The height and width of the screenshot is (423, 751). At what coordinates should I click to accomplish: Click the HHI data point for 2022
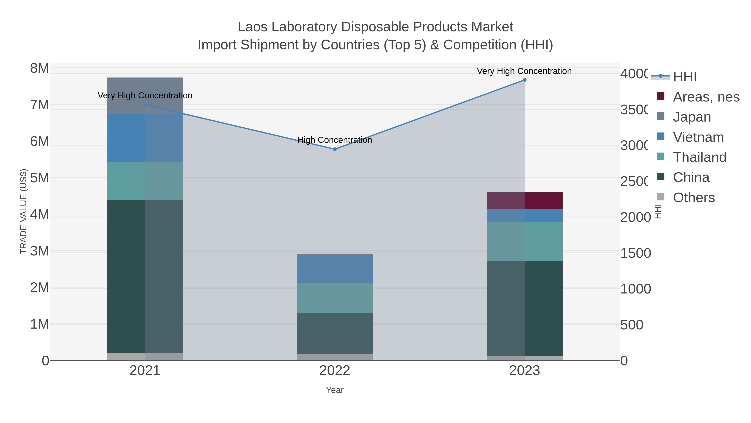point(335,149)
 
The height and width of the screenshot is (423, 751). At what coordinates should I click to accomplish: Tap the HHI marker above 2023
point(524,80)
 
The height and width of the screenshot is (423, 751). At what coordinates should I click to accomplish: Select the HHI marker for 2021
point(145,105)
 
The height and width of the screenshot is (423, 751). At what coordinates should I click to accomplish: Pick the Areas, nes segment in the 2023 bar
point(524,201)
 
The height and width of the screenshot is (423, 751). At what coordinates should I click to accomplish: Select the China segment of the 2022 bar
point(335,333)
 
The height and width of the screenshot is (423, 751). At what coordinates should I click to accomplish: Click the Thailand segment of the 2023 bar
point(524,241)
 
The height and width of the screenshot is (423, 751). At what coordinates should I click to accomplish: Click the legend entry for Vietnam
point(698,137)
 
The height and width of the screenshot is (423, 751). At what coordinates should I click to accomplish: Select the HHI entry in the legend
point(684,77)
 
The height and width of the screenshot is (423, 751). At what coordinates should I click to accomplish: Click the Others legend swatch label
point(694,198)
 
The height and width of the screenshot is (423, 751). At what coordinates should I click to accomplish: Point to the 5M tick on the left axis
point(40,178)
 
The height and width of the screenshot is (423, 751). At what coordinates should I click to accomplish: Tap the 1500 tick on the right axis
point(635,253)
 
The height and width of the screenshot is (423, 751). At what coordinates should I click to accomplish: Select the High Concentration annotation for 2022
point(335,140)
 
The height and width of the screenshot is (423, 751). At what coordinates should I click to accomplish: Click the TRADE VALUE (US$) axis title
point(23,211)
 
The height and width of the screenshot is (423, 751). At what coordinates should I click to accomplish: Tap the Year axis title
point(335,390)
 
